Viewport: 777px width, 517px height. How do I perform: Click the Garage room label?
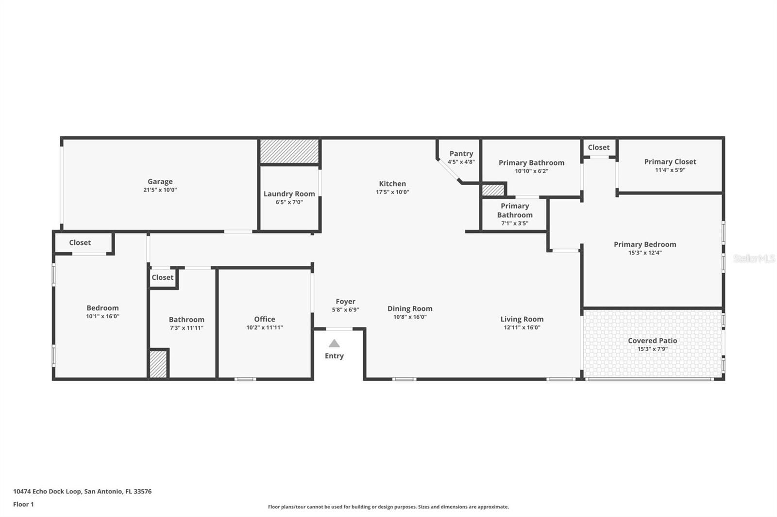160,181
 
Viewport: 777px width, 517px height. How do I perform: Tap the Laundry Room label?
289,194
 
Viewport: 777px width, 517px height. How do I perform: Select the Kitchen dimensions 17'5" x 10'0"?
393,192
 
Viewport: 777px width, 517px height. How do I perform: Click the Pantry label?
461,154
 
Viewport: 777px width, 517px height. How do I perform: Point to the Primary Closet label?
670,162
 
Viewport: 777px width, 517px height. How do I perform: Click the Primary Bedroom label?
645,244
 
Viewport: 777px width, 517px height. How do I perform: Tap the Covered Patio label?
653,340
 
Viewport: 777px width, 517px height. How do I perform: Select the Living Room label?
522,319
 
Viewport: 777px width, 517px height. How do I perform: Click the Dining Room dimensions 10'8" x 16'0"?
410,317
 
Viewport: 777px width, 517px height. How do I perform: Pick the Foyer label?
345,302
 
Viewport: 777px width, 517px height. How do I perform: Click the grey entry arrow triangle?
334,343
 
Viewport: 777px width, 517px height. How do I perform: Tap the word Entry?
335,356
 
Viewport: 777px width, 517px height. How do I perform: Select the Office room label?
265,319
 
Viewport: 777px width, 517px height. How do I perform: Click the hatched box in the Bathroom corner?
158,364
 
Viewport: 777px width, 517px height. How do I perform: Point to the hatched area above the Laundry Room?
289,151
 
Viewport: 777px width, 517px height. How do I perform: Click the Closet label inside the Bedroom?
80,242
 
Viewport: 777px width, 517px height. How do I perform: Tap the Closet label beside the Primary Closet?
599,147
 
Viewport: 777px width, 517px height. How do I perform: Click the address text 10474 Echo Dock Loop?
47,491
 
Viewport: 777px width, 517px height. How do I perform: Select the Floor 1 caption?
24,504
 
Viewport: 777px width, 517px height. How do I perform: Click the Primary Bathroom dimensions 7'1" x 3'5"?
515,224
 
